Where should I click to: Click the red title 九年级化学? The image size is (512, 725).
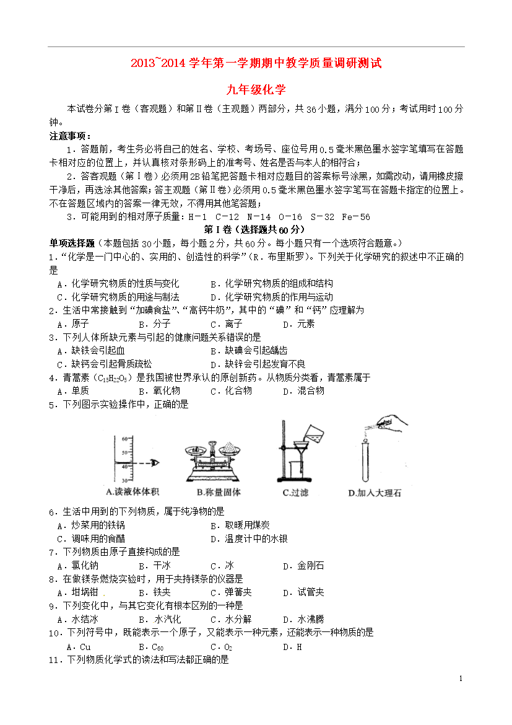click(x=256, y=89)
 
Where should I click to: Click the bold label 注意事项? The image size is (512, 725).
click(x=69, y=136)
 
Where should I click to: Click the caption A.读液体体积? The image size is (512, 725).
click(x=132, y=492)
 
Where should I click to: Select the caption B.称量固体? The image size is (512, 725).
click(x=218, y=493)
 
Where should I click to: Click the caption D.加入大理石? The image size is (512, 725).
click(x=375, y=493)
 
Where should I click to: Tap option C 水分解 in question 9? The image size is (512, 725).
click(x=231, y=618)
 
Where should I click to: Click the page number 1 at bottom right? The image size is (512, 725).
click(x=461, y=679)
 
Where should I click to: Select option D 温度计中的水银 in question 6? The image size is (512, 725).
click(x=249, y=538)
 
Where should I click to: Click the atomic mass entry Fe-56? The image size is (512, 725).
click(x=355, y=216)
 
